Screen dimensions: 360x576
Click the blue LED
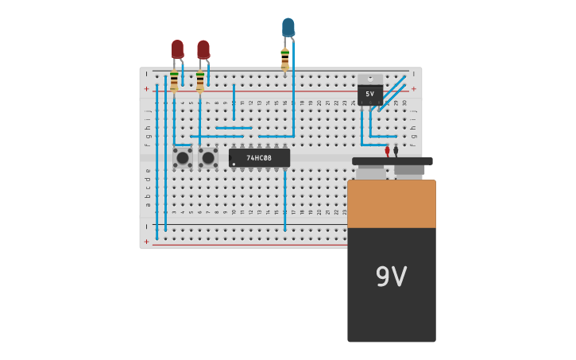[288, 27]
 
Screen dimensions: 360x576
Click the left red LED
[177, 48]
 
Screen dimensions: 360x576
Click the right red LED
[203, 49]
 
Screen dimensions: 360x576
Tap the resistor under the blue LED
[285, 60]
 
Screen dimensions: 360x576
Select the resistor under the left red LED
[174, 81]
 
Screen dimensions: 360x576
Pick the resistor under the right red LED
[200, 81]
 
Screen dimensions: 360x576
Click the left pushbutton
[182, 157]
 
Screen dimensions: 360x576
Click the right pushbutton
[208, 157]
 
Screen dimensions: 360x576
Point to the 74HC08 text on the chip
[259, 158]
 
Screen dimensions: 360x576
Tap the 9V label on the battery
[391, 277]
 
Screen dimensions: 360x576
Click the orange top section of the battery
[392, 203]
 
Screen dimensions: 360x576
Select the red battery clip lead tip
[388, 150]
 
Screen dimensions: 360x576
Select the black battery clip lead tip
[396, 150]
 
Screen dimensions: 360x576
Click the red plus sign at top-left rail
[146, 89]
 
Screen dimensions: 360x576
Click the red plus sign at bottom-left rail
[146, 242]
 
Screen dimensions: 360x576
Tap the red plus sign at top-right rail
[414, 89]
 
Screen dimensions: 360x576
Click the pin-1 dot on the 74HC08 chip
[234, 165]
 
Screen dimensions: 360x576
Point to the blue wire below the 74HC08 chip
[285, 199]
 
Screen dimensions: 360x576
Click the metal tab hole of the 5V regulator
[370, 79]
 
